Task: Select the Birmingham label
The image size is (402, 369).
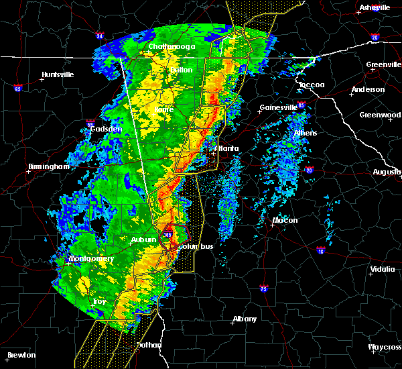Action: [48, 166]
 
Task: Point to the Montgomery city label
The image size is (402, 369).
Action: [91, 259]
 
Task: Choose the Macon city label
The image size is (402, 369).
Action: [285, 220]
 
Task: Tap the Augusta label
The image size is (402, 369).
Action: [387, 172]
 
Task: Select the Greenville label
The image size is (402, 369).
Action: [384, 65]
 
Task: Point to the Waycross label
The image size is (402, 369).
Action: [385, 347]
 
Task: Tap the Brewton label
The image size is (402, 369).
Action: [22, 354]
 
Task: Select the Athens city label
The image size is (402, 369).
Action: [307, 132]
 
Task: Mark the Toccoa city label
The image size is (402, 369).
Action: [311, 85]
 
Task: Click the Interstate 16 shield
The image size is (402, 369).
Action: [321, 250]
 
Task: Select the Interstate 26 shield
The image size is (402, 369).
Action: [375, 38]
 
